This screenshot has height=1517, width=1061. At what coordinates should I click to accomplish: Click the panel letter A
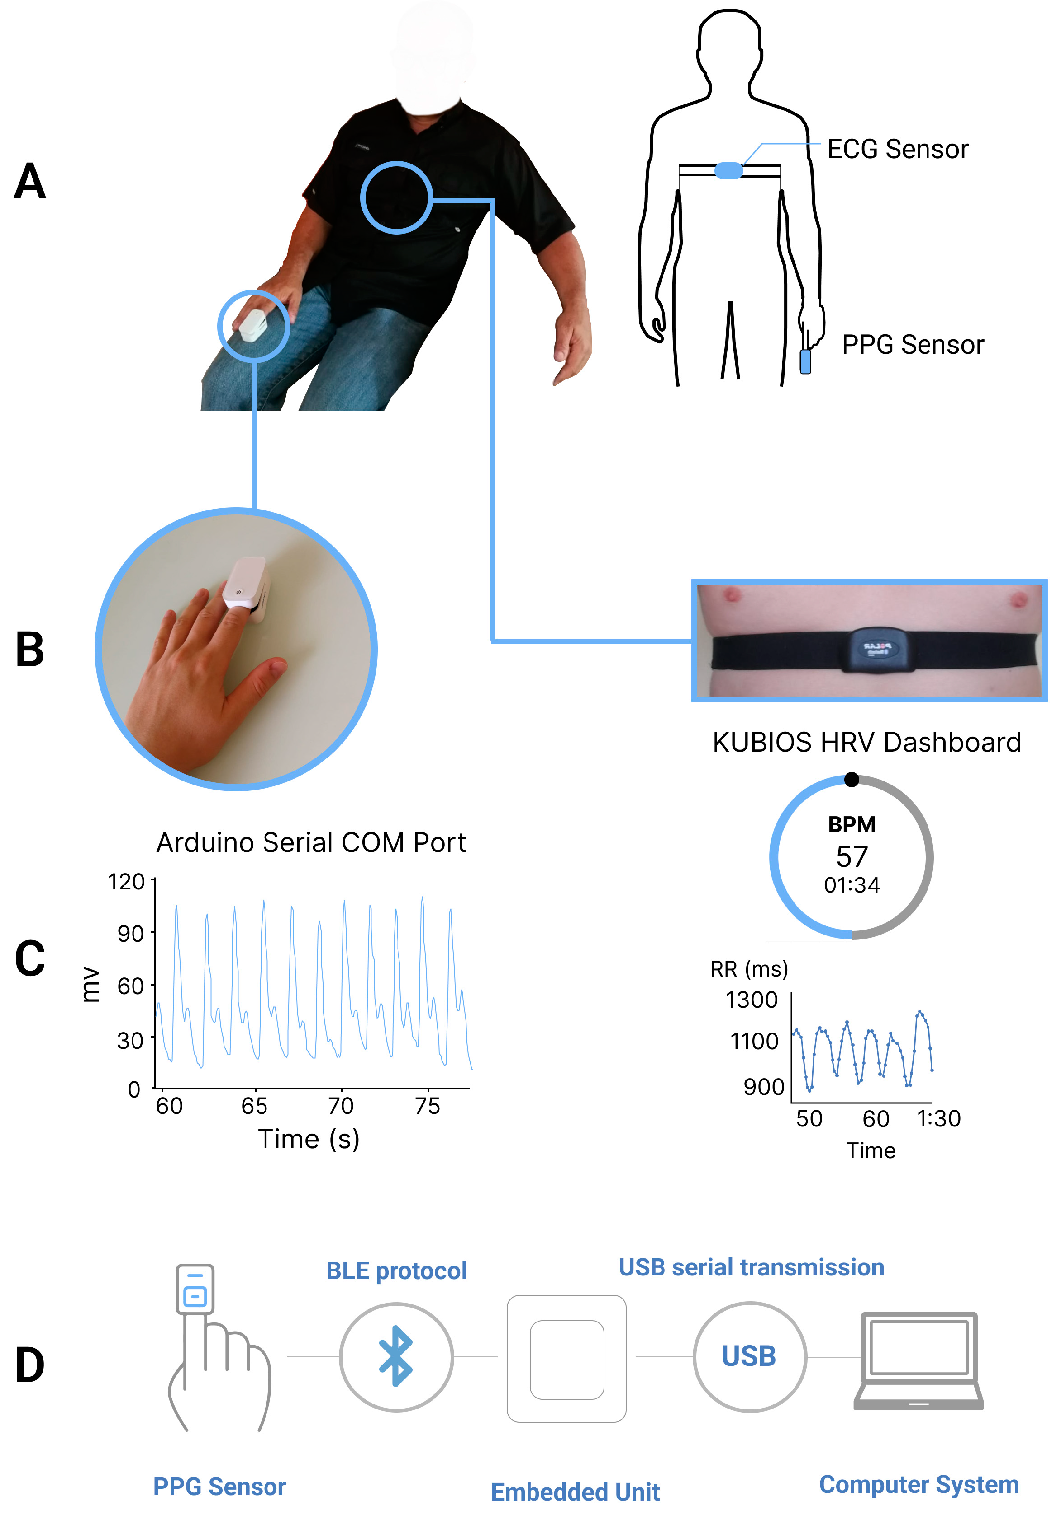click(x=30, y=181)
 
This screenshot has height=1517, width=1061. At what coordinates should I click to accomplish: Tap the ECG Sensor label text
click(x=897, y=149)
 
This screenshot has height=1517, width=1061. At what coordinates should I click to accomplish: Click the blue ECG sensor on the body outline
click(x=728, y=170)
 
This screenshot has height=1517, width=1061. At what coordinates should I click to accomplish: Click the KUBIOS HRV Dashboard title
click(x=866, y=742)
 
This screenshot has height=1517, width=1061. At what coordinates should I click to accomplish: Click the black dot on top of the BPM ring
click(x=852, y=779)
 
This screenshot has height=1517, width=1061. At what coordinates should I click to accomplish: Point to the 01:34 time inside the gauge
click(x=852, y=885)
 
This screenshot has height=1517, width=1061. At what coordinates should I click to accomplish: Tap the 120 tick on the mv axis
click(x=126, y=882)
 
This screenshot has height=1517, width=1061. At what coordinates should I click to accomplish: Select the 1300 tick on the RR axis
click(x=751, y=1000)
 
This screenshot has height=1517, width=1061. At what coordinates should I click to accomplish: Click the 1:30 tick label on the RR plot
click(x=938, y=1118)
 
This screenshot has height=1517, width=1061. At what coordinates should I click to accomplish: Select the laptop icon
click(x=919, y=1361)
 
